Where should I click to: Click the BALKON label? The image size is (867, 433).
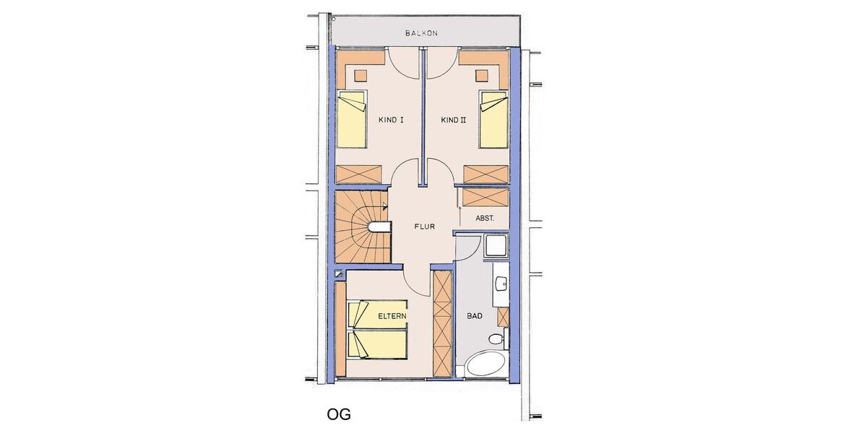(x=421, y=33)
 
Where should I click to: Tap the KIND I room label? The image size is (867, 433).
(x=391, y=121)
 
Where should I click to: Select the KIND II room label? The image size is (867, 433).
(x=454, y=121)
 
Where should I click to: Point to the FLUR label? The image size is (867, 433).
(x=424, y=226)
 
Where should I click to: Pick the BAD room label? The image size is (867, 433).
(x=474, y=315)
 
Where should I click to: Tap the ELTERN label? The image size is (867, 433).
(x=392, y=316)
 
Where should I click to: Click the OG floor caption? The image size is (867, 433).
(x=338, y=414)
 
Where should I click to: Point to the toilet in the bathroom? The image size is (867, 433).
(x=496, y=339)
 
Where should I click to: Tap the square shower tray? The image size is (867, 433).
(x=496, y=248)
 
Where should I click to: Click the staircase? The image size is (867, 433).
(x=361, y=226)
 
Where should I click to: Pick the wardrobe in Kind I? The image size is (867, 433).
(x=359, y=175)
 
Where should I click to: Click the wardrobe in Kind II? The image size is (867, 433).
(x=486, y=175)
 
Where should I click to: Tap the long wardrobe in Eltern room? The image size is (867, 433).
(x=441, y=323)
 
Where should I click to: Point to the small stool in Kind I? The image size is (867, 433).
(x=361, y=74)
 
